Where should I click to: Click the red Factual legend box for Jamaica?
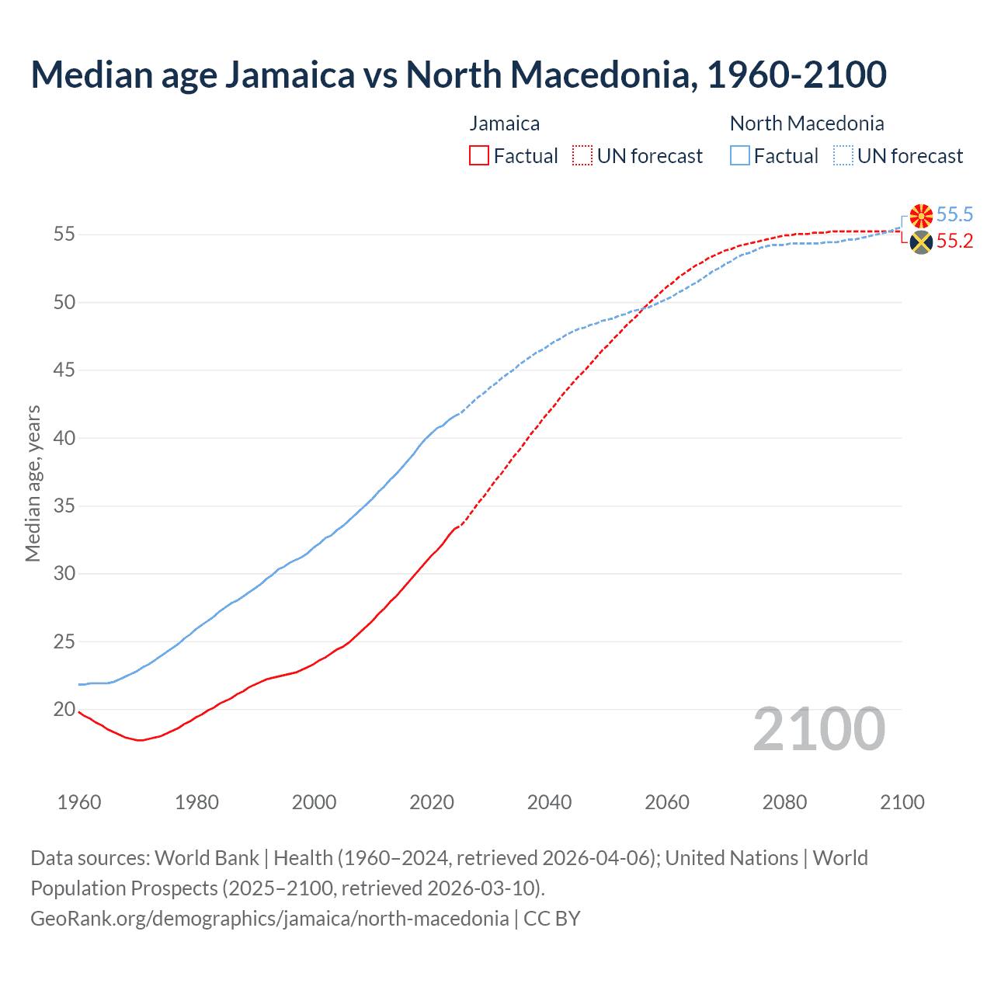pyautogui.click(x=479, y=155)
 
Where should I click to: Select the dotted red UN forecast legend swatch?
pyautogui.click(x=582, y=155)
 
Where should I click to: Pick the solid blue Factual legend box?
pyautogui.click(x=739, y=155)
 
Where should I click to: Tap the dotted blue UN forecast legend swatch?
pyautogui.click(x=843, y=155)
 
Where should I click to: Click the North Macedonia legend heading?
pyautogui.click(x=807, y=123)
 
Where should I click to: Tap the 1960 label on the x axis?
pyautogui.click(x=79, y=802)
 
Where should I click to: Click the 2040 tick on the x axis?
pyautogui.click(x=549, y=802)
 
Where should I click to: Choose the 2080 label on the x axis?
pyautogui.click(x=784, y=802)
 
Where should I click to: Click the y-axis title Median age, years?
pyautogui.click(x=33, y=483)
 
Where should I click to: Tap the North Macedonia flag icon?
pyautogui.click(x=921, y=216)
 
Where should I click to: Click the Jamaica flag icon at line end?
pyautogui.click(x=921, y=242)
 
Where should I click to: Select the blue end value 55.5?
pyautogui.click(x=954, y=215)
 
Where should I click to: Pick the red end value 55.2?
pyautogui.click(x=954, y=242)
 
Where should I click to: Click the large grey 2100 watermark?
pyautogui.click(x=819, y=728)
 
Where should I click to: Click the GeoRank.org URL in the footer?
pyautogui.click(x=269, y=918)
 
